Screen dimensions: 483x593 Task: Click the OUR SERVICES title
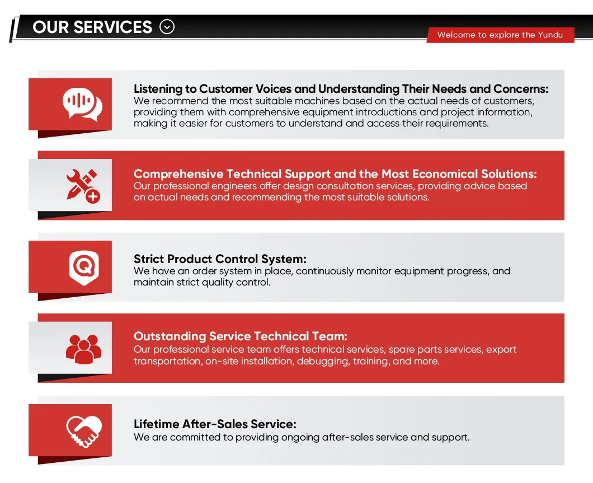(x=92, y=27)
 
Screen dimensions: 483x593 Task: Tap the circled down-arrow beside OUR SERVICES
(x=167, y=27)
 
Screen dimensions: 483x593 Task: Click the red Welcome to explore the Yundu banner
(x=500, y=35)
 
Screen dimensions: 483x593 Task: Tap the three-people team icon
(x=83, y=348)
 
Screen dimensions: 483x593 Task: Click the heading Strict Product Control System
(x=220, y=259)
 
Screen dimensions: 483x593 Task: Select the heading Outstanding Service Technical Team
(x=241, y=336)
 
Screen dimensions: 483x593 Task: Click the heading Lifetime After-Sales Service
(x=215, y=424)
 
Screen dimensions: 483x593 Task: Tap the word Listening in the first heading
(x=158, y=89)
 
